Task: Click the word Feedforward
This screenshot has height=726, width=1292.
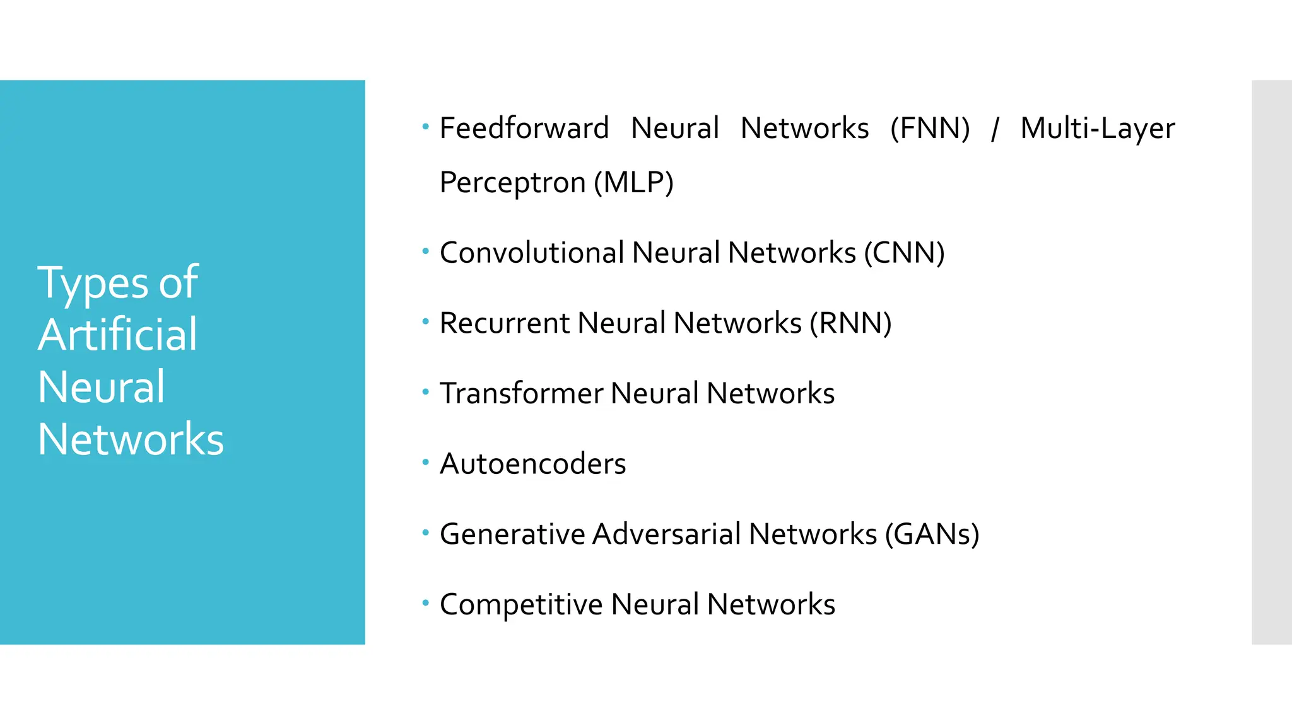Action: click(524, 129)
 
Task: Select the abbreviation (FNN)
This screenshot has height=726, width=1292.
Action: click(930, 129)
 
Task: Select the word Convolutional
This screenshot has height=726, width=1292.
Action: click(532, 253)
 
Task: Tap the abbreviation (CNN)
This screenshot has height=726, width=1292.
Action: click(904, 253)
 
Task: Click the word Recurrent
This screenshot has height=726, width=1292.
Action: click(505, 323)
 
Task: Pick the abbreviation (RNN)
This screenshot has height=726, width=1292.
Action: click(850, 323)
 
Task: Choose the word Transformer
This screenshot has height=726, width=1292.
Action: click(521, 394)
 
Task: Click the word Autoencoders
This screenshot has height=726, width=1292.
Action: click(532, 464)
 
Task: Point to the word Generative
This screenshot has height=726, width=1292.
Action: click(512, 534)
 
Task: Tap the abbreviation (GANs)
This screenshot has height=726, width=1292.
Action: click(932, 534)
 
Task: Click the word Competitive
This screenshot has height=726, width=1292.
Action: click(521, 605)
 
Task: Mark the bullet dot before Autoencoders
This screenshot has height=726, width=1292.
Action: click(426, 463)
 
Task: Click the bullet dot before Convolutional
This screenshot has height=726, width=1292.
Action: click(426, 251)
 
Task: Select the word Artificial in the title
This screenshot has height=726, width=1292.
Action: click(117, 335)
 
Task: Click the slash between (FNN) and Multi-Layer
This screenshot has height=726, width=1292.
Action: click(995, 129)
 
